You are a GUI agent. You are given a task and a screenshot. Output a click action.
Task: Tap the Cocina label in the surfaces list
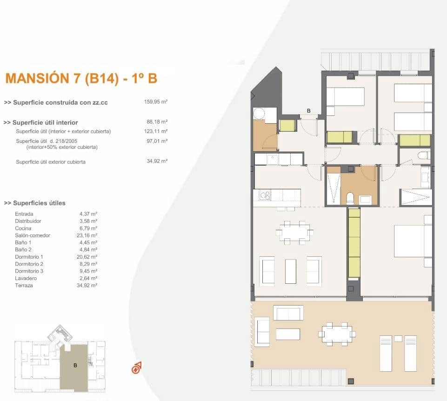coord(23,228)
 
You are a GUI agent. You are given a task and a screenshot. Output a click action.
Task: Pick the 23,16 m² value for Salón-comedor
coord(88,235)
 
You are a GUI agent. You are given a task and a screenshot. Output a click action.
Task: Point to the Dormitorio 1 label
coord(29,257)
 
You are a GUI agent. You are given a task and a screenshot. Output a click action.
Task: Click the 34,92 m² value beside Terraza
coord(88,285)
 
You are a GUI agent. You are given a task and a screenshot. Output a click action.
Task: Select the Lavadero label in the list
coord(26,278)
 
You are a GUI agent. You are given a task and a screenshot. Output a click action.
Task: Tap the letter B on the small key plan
coord(75,365)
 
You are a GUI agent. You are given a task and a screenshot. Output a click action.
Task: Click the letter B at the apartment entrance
coord(308,111)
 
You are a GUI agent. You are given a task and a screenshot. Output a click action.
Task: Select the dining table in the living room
coord(294,231)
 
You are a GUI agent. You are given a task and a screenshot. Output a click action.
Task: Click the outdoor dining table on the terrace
coord(337,334)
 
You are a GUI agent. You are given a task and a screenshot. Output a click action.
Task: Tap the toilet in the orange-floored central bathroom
coord(349,199)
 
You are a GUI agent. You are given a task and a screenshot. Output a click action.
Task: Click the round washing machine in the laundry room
coord(259,114)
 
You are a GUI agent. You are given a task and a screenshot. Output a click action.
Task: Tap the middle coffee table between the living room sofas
coord(291,271)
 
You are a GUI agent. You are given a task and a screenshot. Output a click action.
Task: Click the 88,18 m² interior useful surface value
coord(157,122)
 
